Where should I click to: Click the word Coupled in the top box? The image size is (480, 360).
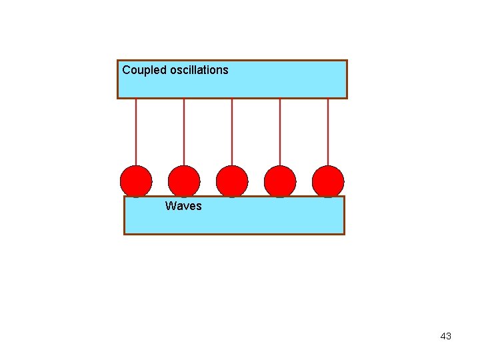[143, 70]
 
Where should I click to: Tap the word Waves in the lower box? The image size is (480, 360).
[183, 206]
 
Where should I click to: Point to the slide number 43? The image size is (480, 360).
[446, 336]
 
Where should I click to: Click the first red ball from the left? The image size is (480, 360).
[136, 181]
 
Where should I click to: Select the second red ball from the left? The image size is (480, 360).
[184, 181]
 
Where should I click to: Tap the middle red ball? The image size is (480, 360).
[232, 181]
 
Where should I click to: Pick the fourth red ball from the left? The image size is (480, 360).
[280, 181]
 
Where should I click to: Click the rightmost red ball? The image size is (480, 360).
[328, 181]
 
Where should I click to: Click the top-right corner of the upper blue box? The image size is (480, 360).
[347, 61]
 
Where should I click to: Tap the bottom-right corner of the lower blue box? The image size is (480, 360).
[344, 234]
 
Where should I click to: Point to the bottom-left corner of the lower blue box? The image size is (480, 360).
[125, 234]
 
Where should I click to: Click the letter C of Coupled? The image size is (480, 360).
[126, 70]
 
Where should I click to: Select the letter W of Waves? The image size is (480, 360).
[170, 206]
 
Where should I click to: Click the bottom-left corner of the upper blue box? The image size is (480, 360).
[118, 98]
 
